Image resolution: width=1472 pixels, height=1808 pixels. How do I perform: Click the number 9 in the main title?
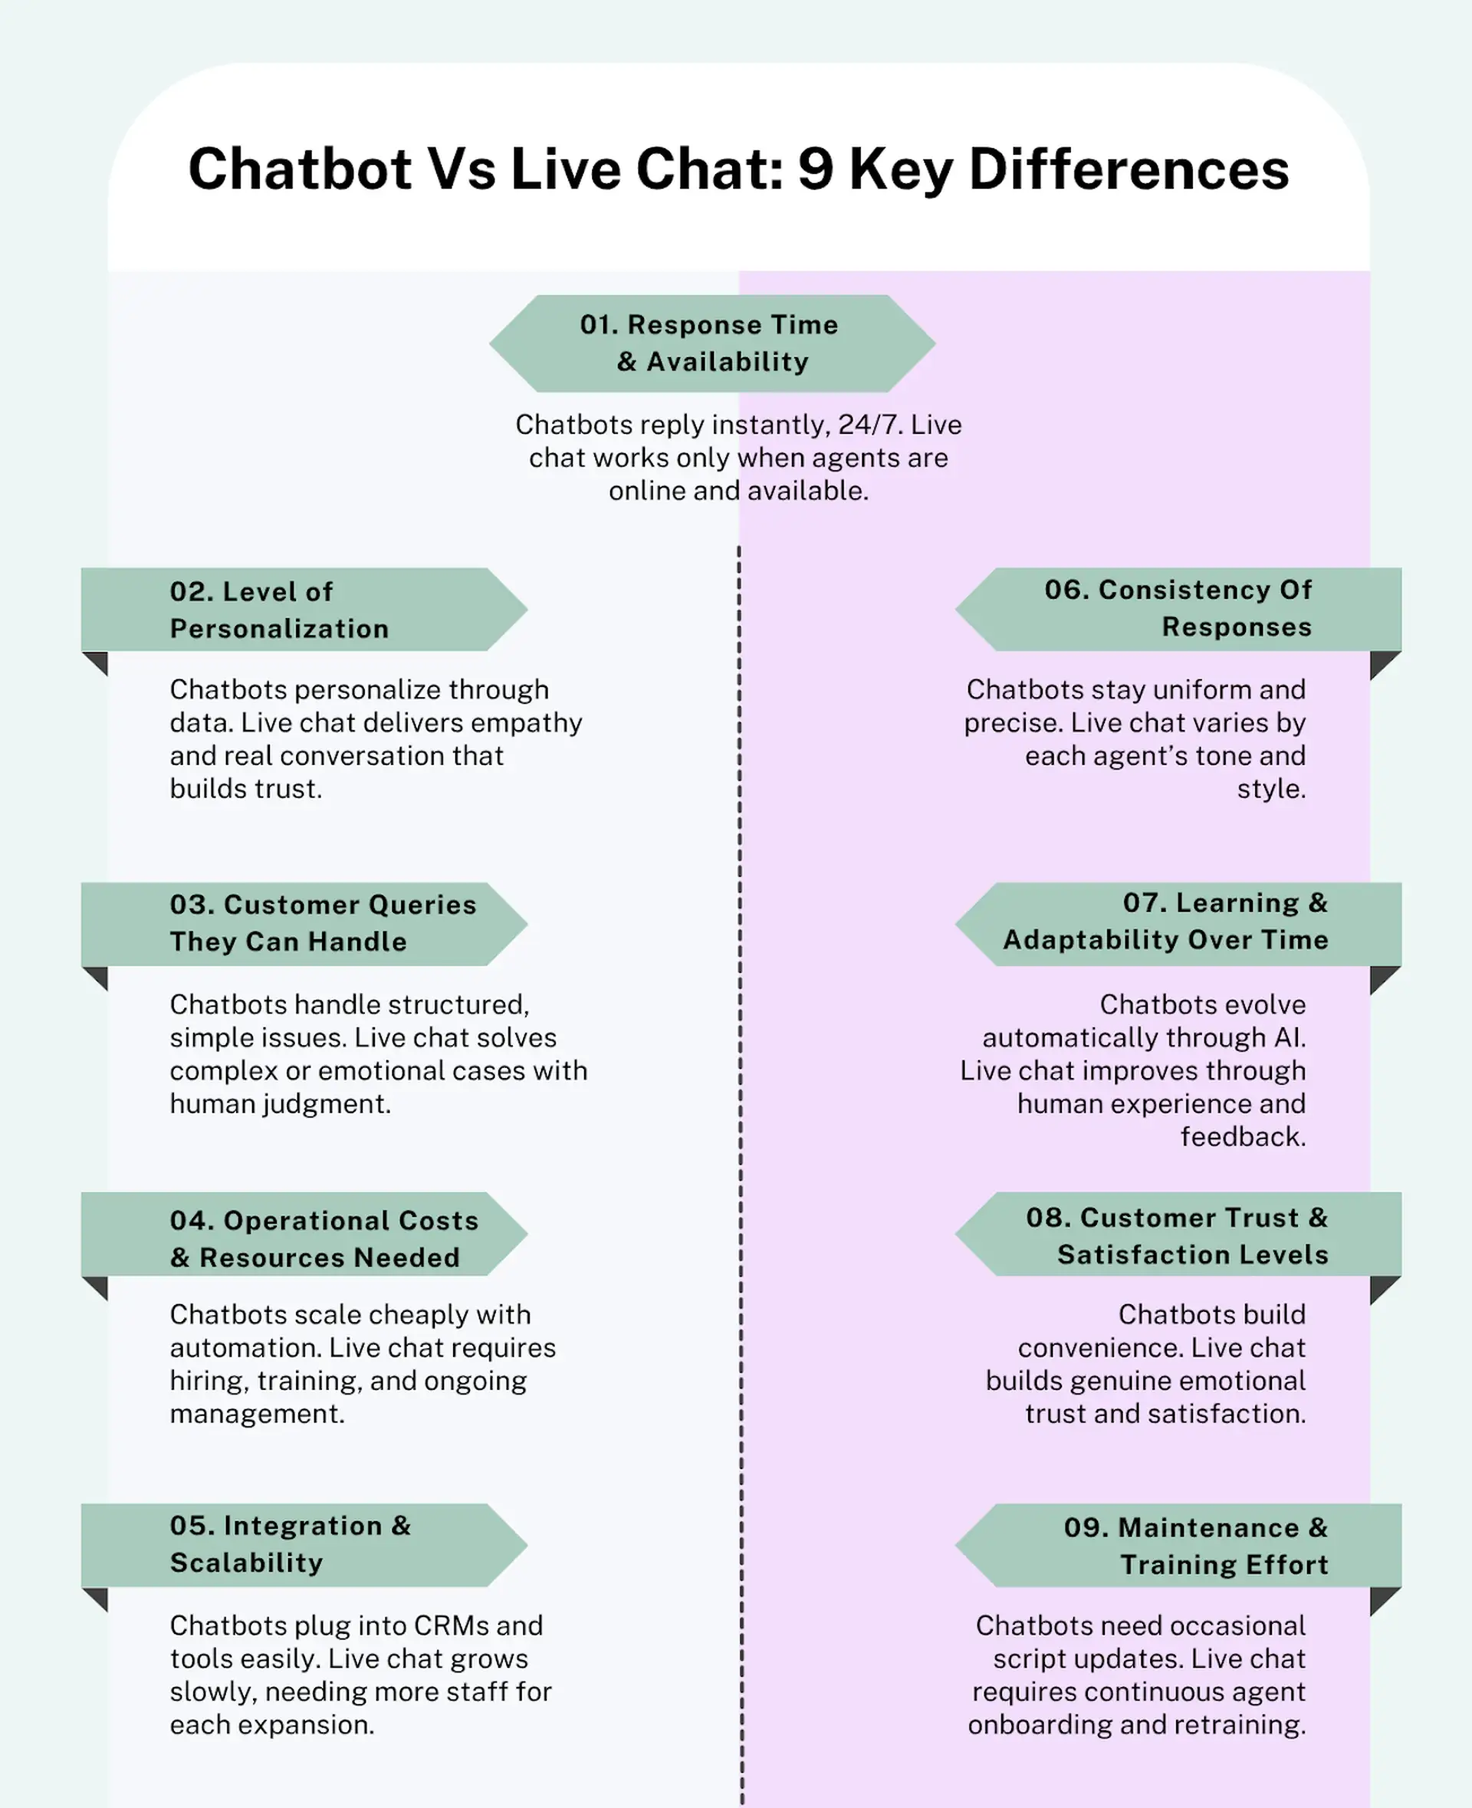pos(816,169)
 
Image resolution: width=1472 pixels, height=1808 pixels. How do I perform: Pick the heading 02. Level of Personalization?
pos(279,610)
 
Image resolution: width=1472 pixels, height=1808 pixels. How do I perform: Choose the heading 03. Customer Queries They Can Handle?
pos(323,923)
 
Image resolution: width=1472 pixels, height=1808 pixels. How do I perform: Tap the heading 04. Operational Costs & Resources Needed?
pos(324,1239)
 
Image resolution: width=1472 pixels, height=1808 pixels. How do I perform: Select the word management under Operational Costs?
pos(257,1414)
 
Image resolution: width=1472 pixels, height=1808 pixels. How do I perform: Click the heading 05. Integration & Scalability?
pos(290,1544)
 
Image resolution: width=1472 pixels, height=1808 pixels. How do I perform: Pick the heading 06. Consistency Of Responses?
pos(1178,608)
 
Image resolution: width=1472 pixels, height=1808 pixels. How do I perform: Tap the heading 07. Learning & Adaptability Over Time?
pos(1166,922)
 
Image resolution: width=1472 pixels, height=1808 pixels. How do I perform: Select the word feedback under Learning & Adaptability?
pos(1242,1136)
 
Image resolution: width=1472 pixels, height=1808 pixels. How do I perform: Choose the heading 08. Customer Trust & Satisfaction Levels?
pos(1177,1237)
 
